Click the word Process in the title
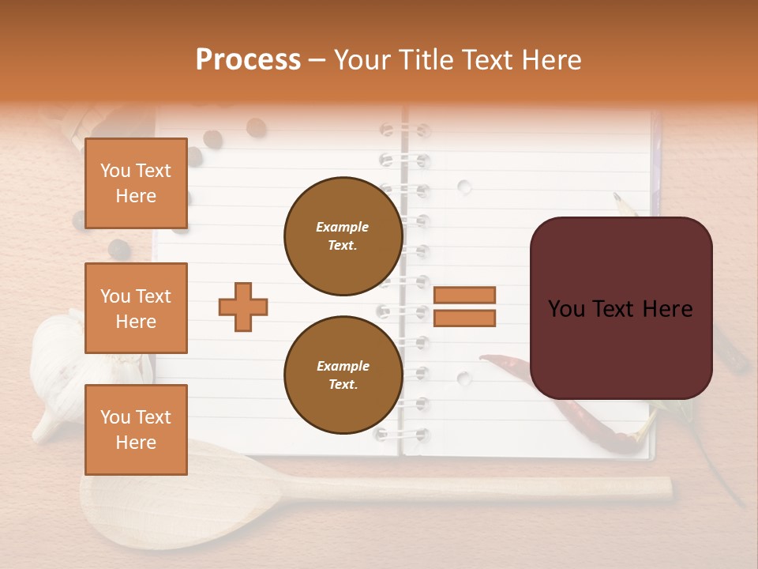click(x=248, y=60)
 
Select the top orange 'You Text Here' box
click(x=136, y=183)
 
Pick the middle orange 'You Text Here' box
click(x=136, y=308)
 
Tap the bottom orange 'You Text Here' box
click(x=136, y=430)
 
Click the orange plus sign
click(x=243, y=307)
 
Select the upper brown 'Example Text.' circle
click(x=343, y=236)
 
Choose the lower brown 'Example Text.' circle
click(x=343, y=375)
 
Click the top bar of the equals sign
click(x=464, y=296)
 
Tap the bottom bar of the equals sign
click(x=464, y=318)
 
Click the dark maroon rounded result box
click(x=621, y=308)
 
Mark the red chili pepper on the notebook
click(x=568, y=403)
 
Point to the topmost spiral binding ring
click(x=403, y=130)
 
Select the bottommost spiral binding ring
click(x=403, y=434)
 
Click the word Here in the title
click(x=550, y=60)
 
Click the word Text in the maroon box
click(x=621, y=309)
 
